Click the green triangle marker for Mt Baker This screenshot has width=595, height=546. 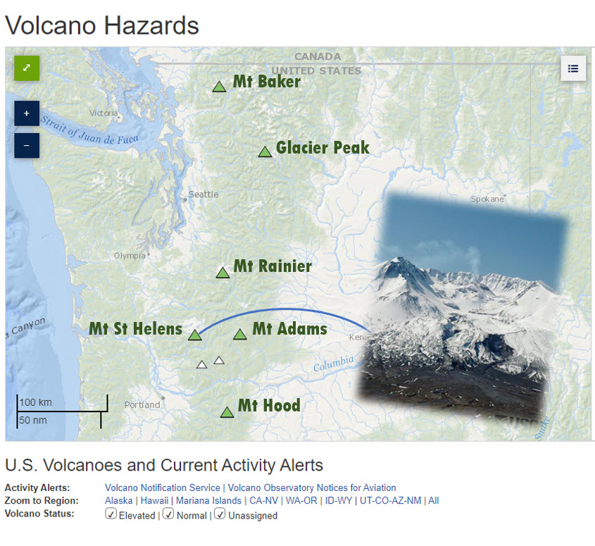pos(219,87)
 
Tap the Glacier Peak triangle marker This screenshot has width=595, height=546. pos(265,152)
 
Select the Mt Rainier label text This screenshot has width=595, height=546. pos(273,266)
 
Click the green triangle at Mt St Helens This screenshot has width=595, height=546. pos(194,335)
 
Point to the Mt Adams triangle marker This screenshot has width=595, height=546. pos(240,334)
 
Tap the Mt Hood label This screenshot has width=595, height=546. pos(269,406)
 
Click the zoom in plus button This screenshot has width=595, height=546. pos(27,113)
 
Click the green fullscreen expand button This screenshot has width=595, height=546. pos(27,68)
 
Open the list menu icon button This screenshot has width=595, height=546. pos(573,68)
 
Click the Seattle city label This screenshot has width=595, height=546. pos(203,194)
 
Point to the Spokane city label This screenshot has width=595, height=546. pos(487,199)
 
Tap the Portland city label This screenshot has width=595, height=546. pos(142,405)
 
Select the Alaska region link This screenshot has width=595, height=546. pos(119,500)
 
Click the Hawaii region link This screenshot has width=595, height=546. pos(154,500)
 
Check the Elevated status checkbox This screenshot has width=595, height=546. pos(111,514)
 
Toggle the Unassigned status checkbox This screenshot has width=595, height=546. pos(220,514)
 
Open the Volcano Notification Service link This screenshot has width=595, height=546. pos(163,488)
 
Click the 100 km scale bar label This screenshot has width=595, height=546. pos(36,402)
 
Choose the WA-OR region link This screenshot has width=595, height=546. pos(301,500)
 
